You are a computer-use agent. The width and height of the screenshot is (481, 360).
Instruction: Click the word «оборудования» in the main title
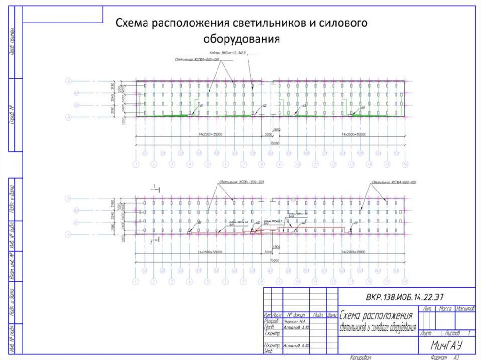(241, 38)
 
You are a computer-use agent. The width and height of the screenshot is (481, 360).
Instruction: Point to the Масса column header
(444, 309)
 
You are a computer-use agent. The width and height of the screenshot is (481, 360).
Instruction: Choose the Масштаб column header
(465, 309)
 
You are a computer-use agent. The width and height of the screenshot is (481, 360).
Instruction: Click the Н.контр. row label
(272, 345)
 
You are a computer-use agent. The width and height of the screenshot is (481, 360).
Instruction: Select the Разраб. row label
(272, 322)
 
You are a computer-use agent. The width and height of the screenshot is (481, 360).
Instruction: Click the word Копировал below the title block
(361, 357)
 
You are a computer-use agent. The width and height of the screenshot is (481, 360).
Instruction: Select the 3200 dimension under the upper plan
(269, 135)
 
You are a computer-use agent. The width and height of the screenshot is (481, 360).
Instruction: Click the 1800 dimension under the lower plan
(277, 247)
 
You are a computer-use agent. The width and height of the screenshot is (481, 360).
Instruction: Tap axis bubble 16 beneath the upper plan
(405, 164)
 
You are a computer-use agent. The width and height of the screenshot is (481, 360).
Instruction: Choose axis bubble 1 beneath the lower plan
(136, 281)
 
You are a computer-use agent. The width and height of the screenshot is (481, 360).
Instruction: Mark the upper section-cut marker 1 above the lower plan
(154, 187)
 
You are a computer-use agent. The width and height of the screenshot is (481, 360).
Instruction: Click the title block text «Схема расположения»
(376, 315)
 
